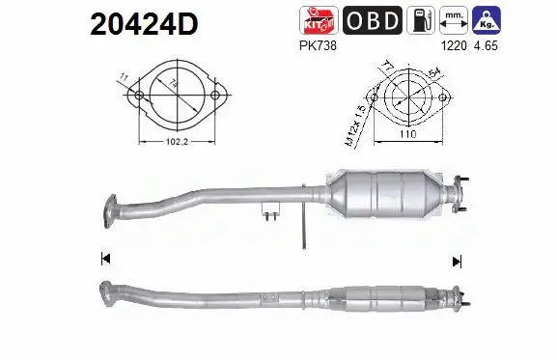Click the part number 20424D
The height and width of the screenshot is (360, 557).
click(143, 24)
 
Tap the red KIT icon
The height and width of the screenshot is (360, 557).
click(321, 20)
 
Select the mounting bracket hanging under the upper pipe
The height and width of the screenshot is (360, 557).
click(269, 210)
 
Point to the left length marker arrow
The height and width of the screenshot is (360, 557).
click(105, 258)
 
